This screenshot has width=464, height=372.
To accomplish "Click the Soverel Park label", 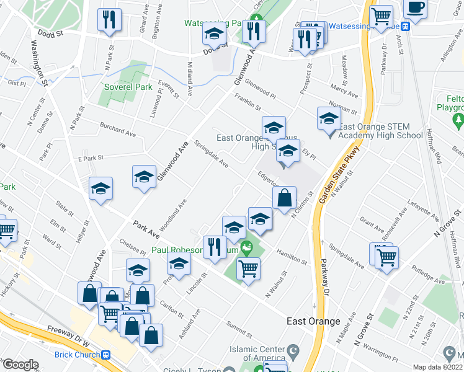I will point(128,87).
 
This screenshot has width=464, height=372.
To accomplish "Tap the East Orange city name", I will point(313,321).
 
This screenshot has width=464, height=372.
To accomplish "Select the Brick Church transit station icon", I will point(106,355).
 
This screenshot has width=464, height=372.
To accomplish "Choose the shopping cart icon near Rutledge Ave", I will point(386,255).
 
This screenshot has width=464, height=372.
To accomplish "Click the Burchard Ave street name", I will point(118,128).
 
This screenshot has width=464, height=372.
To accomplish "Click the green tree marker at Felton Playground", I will point(459,118).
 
